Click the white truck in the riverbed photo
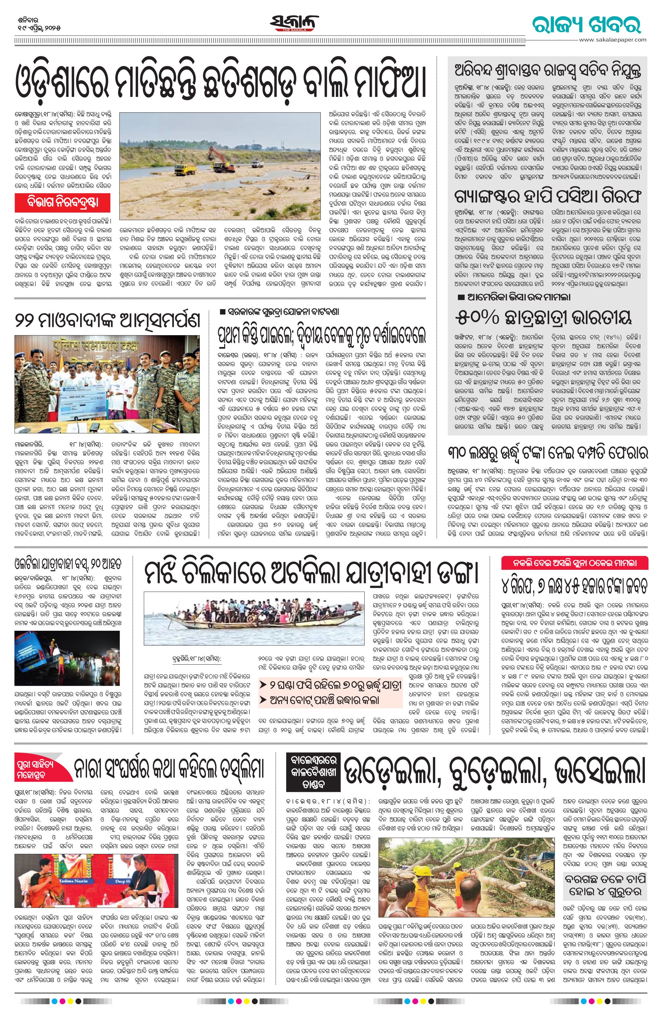click(x=258, y=164)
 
